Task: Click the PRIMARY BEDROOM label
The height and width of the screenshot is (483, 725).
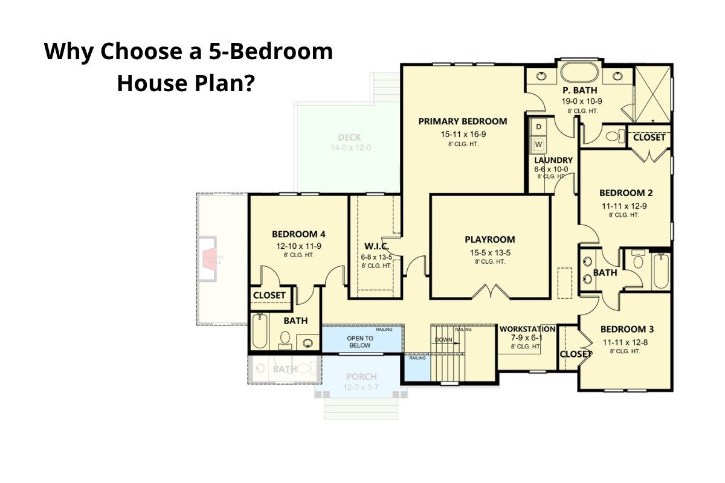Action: click(x=463, y=121)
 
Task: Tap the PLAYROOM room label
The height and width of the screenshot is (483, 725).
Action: click(x=490, y=240)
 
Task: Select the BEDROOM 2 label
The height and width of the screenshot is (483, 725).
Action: click(x=626, y=193)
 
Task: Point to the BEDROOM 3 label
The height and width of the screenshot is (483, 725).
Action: click(x=627, y=330)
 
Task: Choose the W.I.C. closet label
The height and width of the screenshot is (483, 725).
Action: click(x=376, y=246)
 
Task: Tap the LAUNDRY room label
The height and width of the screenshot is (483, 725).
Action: click(x=553, y=161)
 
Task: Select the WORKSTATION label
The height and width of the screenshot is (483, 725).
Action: click(x=527, y=329)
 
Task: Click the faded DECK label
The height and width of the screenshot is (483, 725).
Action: click(x=349, y=138)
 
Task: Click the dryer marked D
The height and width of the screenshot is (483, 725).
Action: click(x=538, y=127)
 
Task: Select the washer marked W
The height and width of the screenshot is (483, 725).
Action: click(x=538, y=145)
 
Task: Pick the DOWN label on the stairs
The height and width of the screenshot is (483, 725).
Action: click(x=443, y=340)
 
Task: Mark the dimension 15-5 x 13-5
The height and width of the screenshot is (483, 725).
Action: click(x=490, y=252)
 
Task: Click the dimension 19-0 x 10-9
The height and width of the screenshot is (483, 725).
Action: click(x=582, y=101)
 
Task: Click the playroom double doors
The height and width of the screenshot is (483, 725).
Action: click(x=490, y=292)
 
